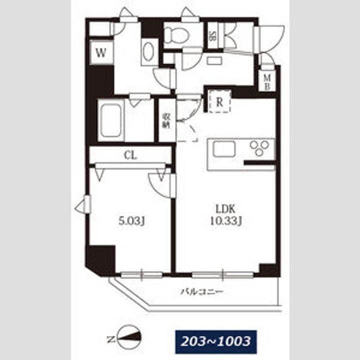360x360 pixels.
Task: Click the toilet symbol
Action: point(177,35)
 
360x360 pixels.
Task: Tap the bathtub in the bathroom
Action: point(111,120)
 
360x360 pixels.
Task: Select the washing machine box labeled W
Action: point(101,52)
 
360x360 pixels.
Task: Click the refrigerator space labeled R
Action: point(219,101)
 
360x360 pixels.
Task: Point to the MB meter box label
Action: point(267,82)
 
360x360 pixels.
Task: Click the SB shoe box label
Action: point(212,36)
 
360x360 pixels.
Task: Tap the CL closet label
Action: point(130,155)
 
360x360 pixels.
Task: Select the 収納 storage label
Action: point(166,121)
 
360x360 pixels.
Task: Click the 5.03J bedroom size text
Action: point(131,221)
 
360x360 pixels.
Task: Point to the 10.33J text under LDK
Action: point(226,221)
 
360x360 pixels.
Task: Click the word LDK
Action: point(225,209)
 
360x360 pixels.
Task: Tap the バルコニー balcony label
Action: point(202,292)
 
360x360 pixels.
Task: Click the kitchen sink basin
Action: point(224,149)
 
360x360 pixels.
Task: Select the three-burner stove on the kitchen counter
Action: point(259,148)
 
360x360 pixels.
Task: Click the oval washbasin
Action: point(148,51)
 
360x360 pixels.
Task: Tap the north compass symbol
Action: point(128,337)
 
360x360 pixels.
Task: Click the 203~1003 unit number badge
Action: point(216,342)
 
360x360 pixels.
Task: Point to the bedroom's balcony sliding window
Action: point(141,274)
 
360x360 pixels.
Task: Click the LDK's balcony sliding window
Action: point(222,274)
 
